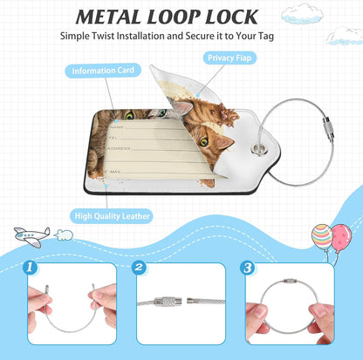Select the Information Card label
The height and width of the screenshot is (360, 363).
click(103, 71)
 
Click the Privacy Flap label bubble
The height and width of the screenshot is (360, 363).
click(229, 58)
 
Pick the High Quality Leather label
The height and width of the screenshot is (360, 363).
click(112, 216)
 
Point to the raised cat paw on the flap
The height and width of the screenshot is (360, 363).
click(225, 116)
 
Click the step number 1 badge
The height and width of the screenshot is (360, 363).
click(30, 268)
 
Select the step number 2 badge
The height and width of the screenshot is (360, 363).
click(139, 268)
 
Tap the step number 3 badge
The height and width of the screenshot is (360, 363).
click(248, 268)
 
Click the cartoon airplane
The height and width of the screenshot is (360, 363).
click(32, 236)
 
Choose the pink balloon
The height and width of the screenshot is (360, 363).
click(342, 237)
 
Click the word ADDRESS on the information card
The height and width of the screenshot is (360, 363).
click(120, 148)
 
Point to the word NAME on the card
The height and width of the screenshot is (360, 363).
click(117, 127)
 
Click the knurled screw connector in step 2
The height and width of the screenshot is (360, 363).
click(169, 302)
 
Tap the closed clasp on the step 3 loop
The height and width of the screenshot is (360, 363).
click(289, 281)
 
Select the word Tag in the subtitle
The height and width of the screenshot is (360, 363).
click(266, 37)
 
